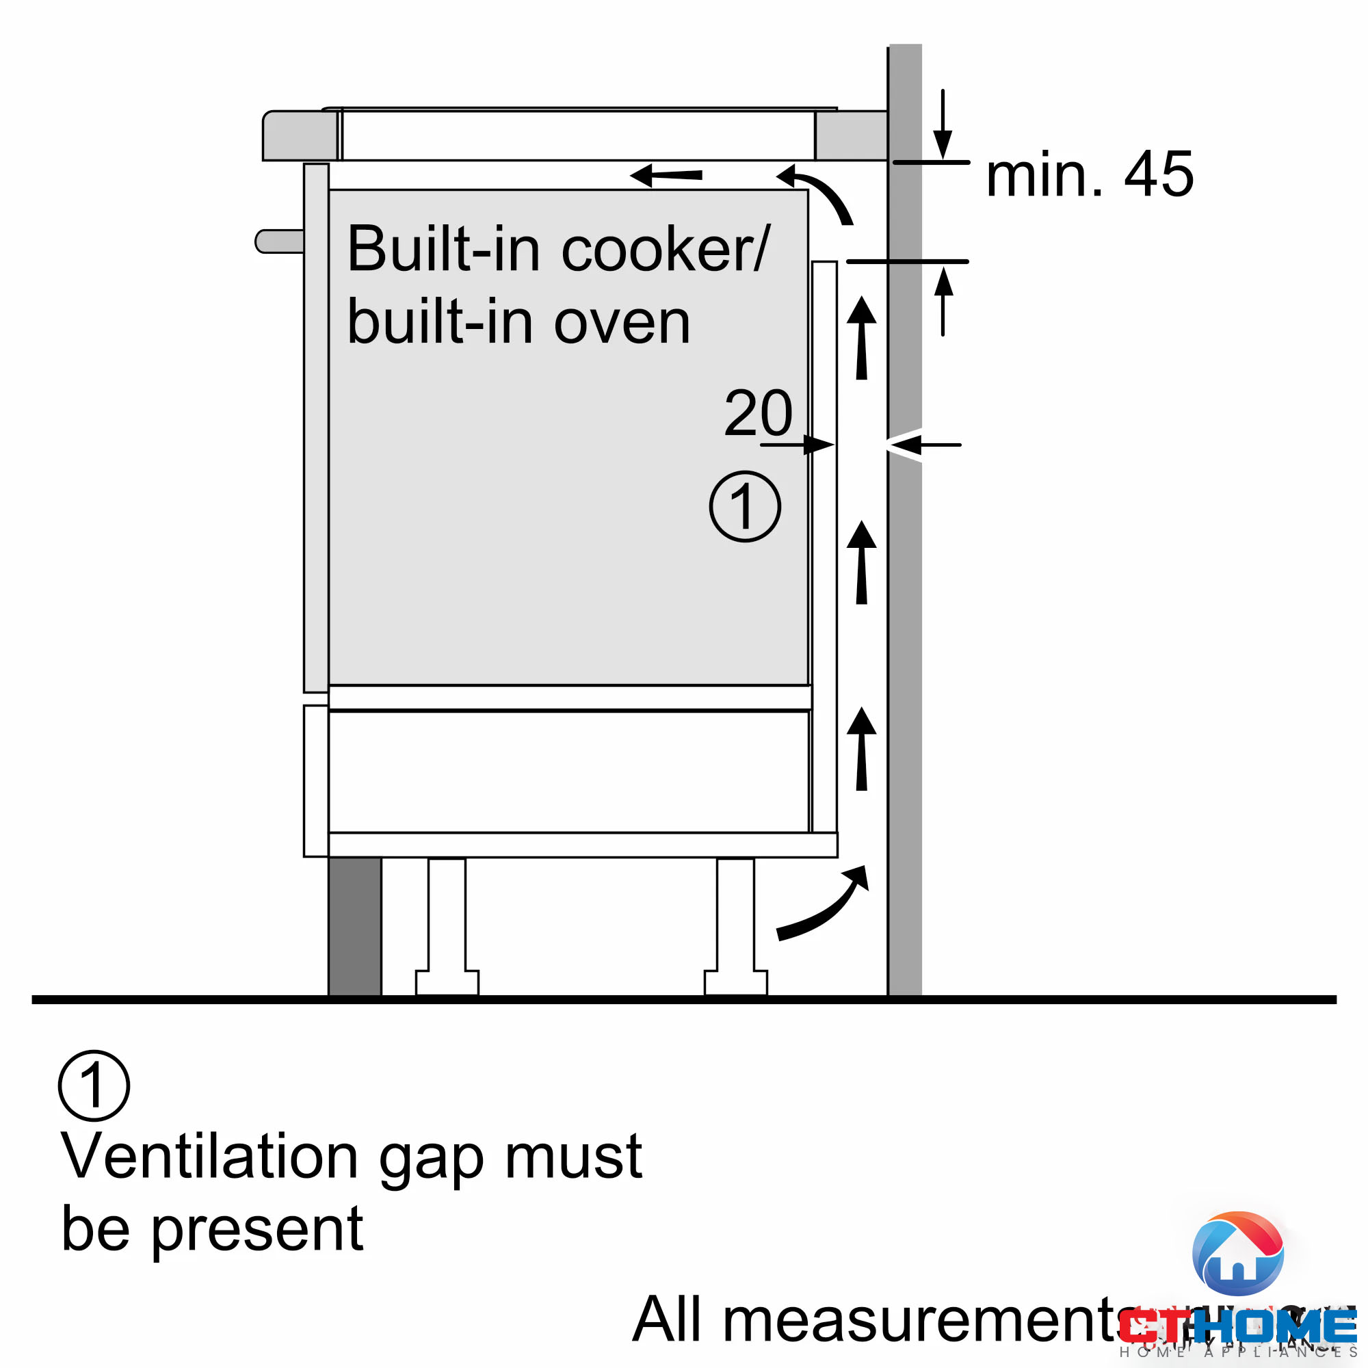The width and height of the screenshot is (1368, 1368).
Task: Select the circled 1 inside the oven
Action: click(745, 507)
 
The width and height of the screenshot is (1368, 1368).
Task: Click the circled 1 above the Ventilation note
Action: click(94, 1086)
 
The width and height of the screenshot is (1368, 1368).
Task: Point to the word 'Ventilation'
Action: click(209, 1157)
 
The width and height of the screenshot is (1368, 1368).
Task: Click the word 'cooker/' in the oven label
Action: click(666, 249)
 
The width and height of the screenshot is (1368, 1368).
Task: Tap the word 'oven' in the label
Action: click(621, 323)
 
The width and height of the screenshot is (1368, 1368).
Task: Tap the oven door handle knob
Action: click(278, 241)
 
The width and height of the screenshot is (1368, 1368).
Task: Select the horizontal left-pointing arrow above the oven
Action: click(666, 175)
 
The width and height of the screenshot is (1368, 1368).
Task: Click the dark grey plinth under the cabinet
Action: click(355, 927)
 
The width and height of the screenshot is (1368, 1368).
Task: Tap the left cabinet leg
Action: click(447, 928)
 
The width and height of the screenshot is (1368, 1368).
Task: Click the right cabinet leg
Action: click(735, 928)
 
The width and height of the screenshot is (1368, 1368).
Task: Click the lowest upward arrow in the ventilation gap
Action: click(862, 750)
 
